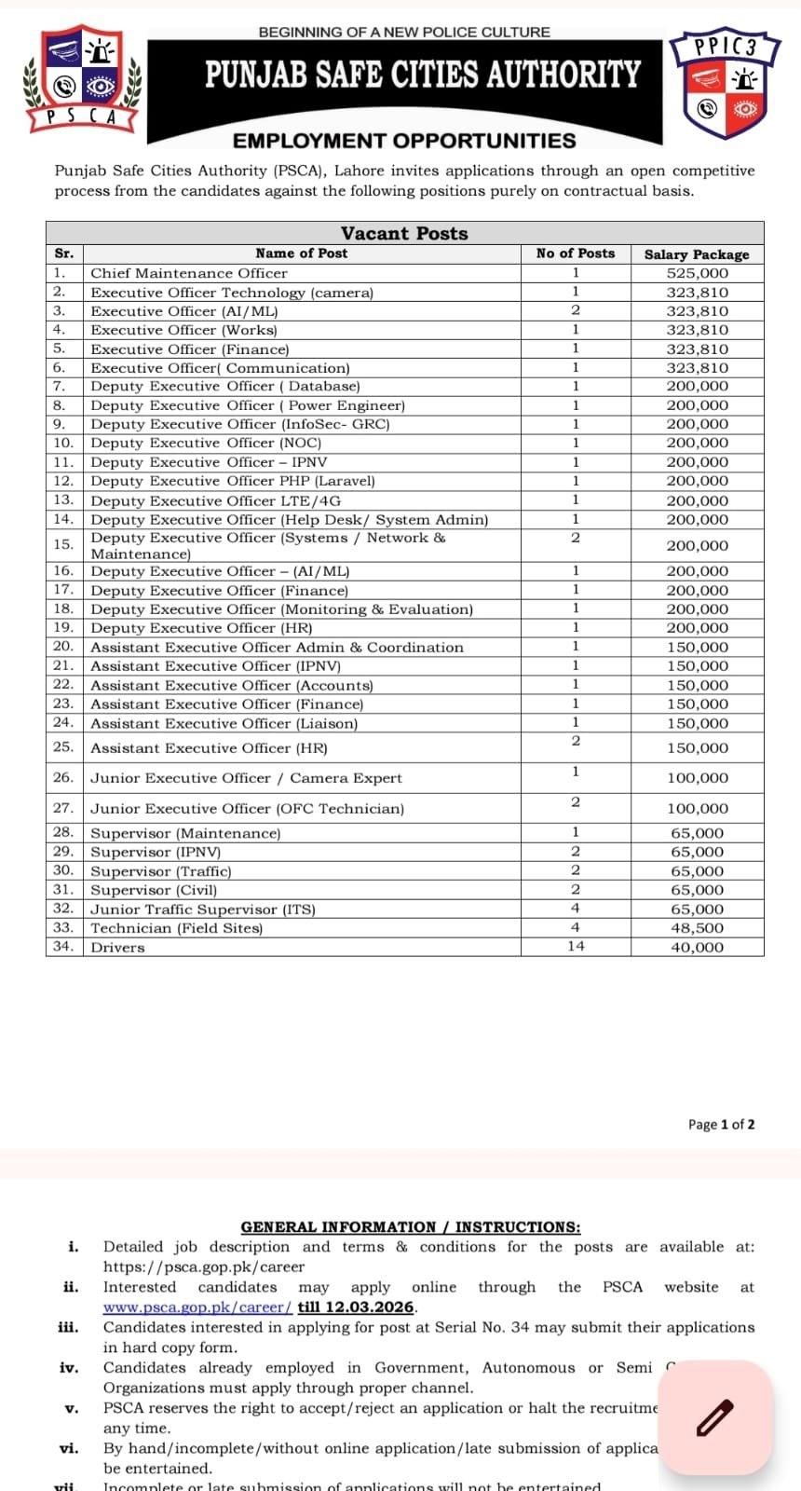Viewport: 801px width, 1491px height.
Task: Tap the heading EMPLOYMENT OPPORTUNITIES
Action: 404,141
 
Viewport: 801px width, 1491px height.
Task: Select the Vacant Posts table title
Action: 404,233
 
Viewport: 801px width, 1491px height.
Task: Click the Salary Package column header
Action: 697,253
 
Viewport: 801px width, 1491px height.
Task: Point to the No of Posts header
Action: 576,253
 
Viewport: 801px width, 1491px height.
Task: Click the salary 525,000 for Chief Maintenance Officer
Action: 697,273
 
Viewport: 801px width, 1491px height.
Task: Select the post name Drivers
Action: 118,947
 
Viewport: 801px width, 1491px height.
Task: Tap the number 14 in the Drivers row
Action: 576,946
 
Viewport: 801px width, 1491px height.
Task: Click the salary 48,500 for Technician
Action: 697,928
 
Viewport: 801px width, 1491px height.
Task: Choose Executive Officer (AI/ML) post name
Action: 184,311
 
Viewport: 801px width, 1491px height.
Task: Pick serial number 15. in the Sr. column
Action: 63,544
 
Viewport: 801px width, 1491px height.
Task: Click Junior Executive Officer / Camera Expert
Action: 246,778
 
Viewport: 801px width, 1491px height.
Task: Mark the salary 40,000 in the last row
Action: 697,947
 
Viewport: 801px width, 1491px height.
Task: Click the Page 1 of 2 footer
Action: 721,1124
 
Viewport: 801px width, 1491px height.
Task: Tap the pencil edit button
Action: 715,1417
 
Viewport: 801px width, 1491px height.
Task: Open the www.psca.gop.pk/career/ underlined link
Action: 197,1307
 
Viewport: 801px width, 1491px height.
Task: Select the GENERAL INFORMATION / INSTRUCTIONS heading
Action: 410,1227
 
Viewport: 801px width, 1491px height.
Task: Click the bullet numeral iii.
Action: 68,1327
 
